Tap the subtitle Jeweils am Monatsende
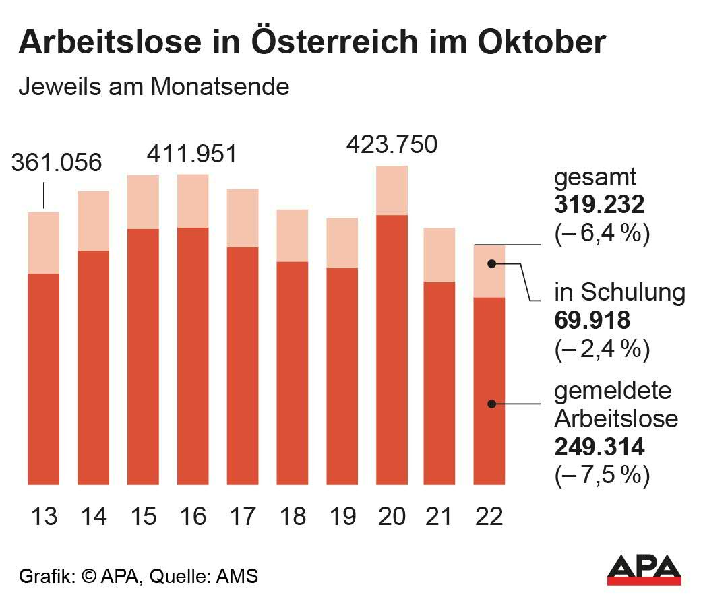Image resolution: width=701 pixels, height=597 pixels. (x=154, y=87)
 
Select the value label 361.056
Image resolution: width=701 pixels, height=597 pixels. (x=57, y=163)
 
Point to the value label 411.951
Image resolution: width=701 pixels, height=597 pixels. (x=192, y=154)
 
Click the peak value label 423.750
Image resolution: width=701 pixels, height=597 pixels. (x=392, y=144)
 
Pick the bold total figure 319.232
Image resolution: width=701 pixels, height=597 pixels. (x=599, y=206)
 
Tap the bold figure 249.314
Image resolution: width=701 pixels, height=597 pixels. (x=599, y=447)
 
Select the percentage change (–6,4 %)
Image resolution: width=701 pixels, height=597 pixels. (x=601, y=234)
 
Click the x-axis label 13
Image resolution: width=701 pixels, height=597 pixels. (x=44, y=517)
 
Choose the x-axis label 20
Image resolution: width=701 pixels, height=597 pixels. (x=392, y=517)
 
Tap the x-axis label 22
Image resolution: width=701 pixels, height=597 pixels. (x=489, y=517)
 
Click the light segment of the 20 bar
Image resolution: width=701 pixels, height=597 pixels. (x=392, y=190)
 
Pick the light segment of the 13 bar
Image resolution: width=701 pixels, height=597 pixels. (x=44, y=243)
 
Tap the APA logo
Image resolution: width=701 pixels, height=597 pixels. (x=644, y=569)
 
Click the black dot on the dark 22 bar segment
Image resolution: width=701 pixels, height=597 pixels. (x=492, y=404)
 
